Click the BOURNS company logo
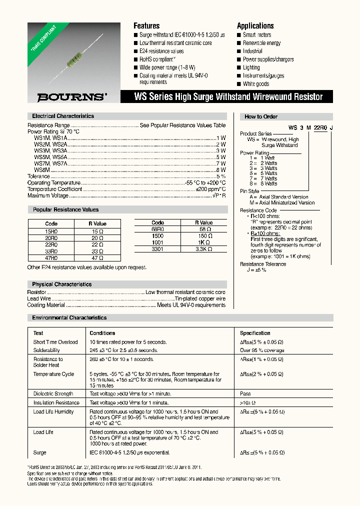[64, 97]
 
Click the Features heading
[146, 26]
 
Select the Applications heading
[255, 26]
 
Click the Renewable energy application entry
[261, 43]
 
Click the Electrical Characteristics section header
[63, 116]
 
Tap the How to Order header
[261, 116]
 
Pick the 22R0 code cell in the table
[51, 244]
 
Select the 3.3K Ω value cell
[203, 248]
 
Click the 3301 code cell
[157, 248]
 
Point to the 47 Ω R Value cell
[97, 258]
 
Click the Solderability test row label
[46, 350]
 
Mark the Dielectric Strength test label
[53, 394]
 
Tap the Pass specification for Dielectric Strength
[245, 394]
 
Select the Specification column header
[255, 333]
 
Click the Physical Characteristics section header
[62, 284]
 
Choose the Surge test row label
[39, 453]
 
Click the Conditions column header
[102, 333]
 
